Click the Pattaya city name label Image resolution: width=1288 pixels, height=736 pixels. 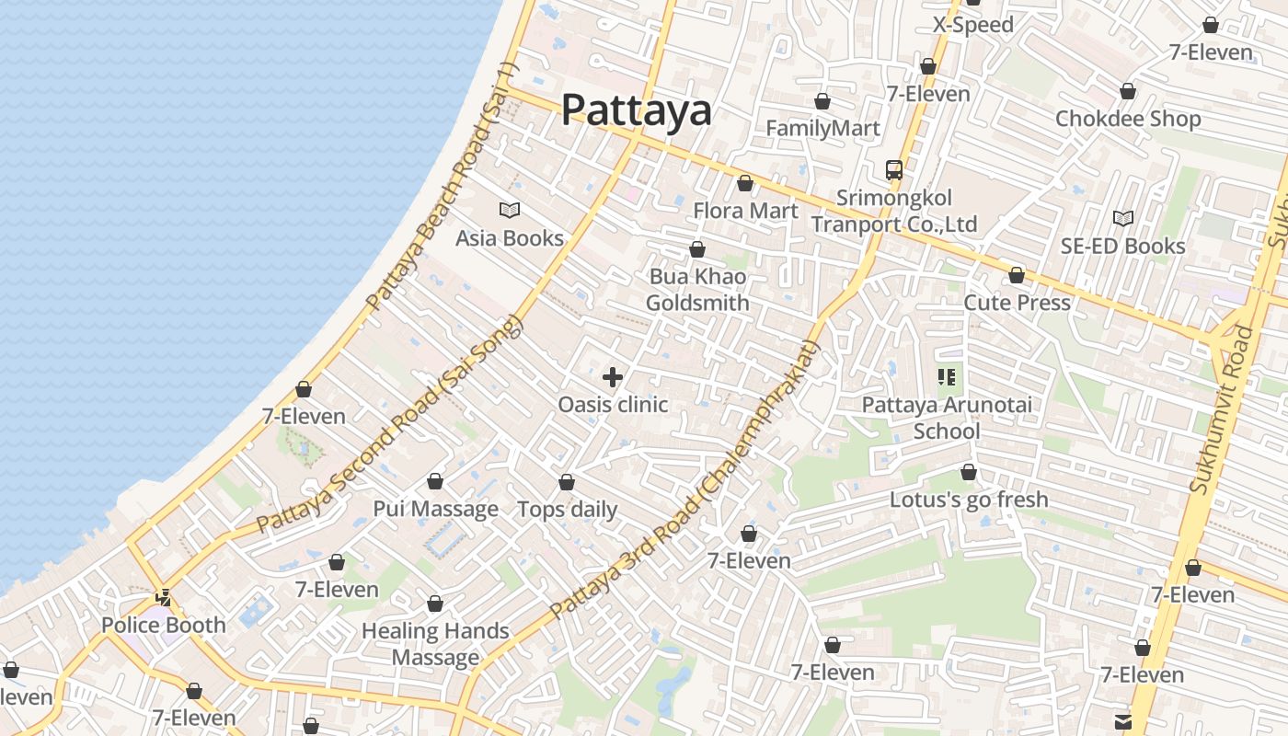click(x=636, y=109)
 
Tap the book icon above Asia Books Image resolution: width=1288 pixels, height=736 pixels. click(x=510, y=211)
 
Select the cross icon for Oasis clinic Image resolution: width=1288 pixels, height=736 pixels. click(x=613, y=377)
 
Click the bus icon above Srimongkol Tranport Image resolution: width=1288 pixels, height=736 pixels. click(x=893, y=170)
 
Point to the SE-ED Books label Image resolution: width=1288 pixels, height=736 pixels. click(x=1122, y=246)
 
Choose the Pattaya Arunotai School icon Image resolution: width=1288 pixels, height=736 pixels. click(x=947, y=377)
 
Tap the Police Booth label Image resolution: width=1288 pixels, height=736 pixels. click(x=164, y=626)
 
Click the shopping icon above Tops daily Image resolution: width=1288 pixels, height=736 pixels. click(x=567, y=482)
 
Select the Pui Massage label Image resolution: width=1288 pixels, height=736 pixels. click(x=435, y=509)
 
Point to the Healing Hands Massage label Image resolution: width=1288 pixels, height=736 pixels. click(x=435, y=644)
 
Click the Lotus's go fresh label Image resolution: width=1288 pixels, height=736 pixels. click(x=969, y=500)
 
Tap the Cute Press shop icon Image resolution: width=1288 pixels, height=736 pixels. click(x=1017, y=275)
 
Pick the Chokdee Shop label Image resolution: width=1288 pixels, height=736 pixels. click(x=1128, y=119)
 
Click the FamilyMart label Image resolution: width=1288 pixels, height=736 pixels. click(x=822, y=128)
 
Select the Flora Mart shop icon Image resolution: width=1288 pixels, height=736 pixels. click(x=745, y=184)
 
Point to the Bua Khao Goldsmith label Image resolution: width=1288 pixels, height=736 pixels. click(x=697, y=290)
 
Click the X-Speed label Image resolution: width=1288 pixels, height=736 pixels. click(x=973, y=25)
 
